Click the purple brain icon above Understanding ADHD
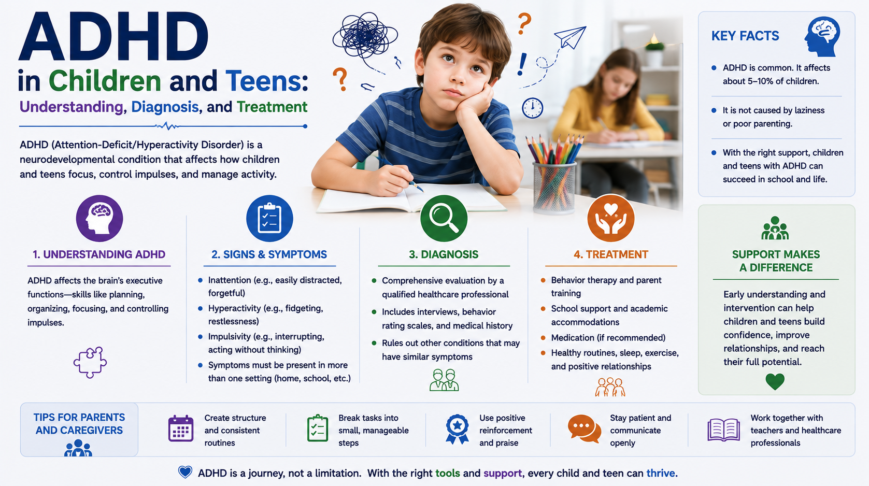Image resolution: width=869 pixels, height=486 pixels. click(99, 218)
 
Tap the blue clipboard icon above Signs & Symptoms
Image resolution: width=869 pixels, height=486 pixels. click(269, 218)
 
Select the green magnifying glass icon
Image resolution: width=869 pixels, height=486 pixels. click(444, 218)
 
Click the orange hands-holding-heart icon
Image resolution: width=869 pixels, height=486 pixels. click(611, 218)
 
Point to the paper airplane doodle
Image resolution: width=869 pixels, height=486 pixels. click(571, 37)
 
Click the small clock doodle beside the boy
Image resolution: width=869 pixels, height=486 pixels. click(532, 108)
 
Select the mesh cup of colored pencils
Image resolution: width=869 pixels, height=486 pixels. click(554, 175)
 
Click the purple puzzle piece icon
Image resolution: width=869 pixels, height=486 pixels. click(90, 362)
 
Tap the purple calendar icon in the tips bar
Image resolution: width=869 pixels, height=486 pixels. click(181, 428)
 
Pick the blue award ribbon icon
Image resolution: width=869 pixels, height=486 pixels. click(458, 429)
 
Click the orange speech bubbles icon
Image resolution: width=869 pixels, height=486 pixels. click(584, 428)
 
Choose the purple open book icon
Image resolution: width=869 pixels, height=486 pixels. click(723, 430)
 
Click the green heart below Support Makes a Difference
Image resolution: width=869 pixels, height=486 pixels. click(775, 382)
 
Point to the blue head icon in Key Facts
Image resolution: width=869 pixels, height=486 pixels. click(822, 37)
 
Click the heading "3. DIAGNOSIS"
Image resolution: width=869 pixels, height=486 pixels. click(444, 254)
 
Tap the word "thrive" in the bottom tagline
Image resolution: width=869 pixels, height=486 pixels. click(661, 473)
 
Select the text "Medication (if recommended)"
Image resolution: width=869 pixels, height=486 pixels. click(608, 338)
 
